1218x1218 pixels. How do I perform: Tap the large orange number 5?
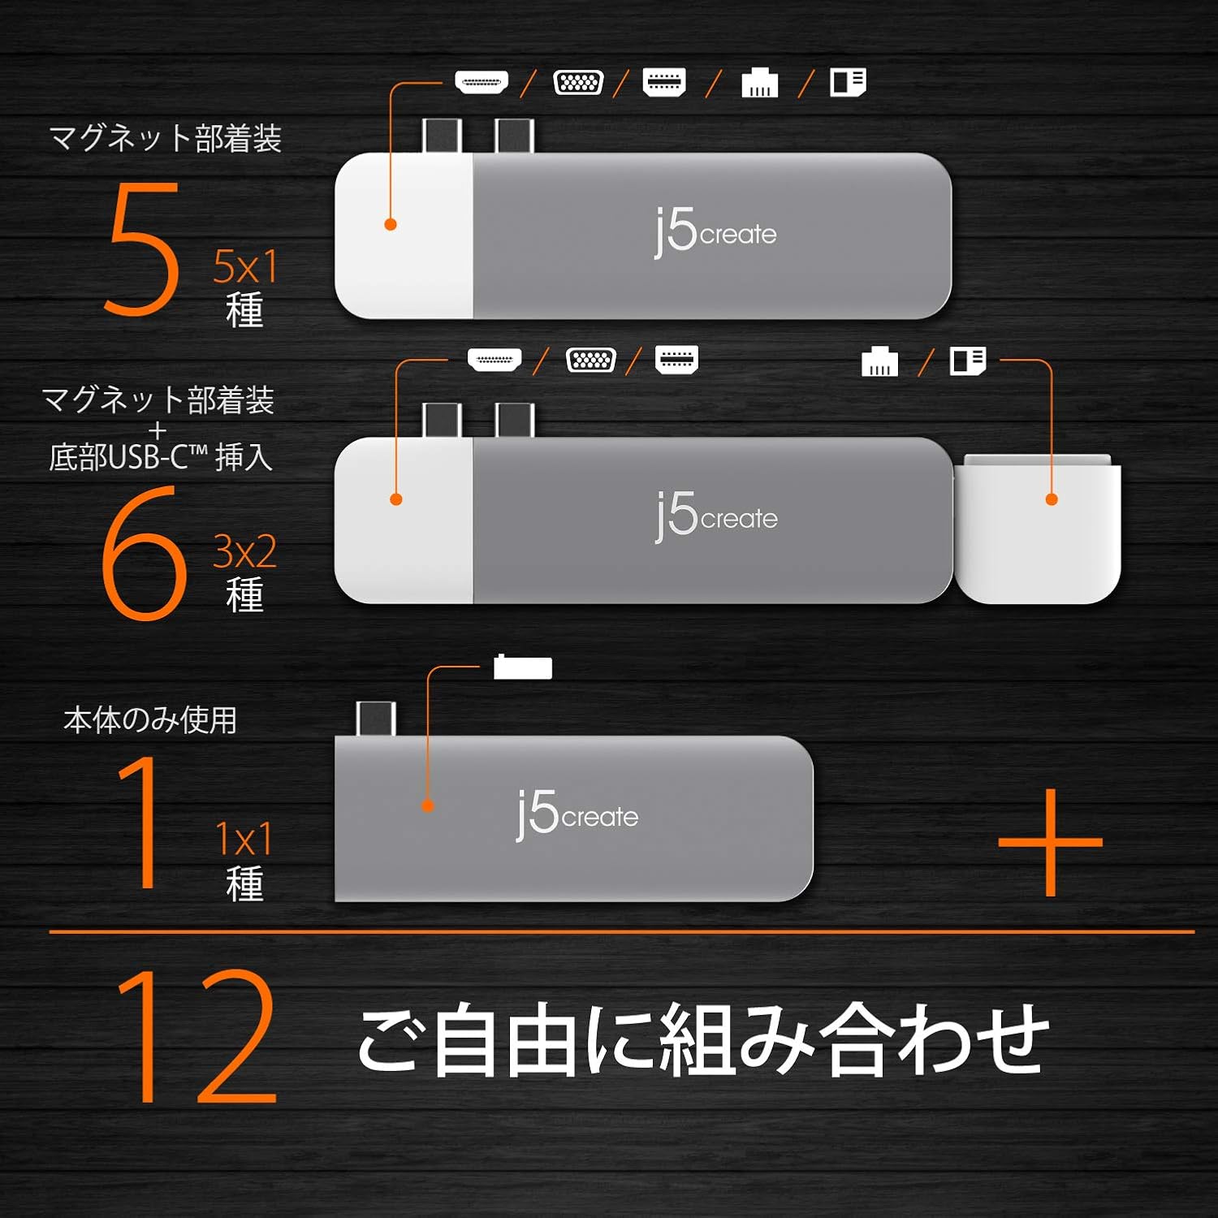(141, 248)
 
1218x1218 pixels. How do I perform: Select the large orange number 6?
(144, 553)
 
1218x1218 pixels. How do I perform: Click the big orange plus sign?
(1051, 842)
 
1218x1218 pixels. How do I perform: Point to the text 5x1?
(245, 266)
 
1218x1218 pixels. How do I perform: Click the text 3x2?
(244, 552)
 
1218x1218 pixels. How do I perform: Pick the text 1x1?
(244, 839)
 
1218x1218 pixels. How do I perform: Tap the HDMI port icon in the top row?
(482, 82)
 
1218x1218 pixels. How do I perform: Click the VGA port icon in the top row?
(578, 82)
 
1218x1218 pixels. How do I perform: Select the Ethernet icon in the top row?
(760, 83)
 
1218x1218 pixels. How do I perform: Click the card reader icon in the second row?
(968, 361)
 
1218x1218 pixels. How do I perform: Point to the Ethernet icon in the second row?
(879, 361)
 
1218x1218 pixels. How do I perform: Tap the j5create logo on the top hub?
(715, 233)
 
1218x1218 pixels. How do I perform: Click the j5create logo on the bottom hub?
(577, 815)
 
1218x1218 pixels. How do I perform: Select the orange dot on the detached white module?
(1052, 499)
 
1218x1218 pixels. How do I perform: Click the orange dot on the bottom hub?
(428, 806)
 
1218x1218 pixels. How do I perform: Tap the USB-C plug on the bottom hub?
(376, 719)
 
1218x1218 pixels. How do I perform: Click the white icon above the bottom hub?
(523, 667)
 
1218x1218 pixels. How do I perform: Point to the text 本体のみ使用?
(150, 720)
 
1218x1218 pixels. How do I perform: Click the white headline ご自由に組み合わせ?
(703, 1039)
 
